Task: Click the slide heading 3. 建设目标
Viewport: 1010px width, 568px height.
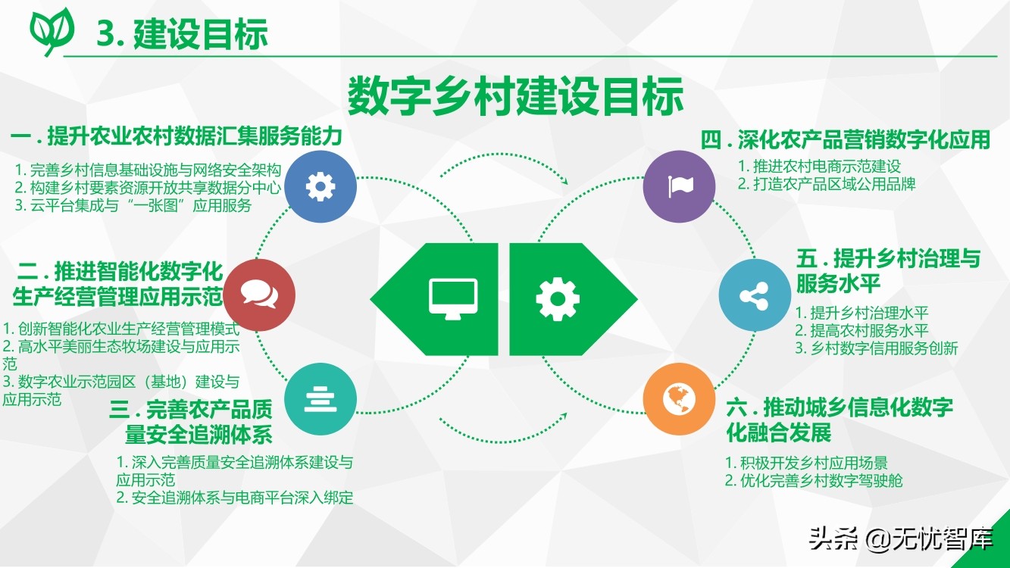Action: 183,34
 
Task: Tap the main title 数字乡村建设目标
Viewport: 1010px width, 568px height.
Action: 515,96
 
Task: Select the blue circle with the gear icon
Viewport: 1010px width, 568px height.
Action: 321,186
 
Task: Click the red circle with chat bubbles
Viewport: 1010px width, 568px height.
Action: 259,295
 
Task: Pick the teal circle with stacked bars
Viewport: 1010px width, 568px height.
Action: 321,399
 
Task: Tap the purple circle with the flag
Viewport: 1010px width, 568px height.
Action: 679,186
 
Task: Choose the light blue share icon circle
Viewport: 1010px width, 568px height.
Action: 755,295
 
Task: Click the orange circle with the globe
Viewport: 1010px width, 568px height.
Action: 679,399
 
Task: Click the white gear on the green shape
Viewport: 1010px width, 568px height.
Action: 558,299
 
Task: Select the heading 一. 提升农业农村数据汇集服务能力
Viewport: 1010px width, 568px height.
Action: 177,136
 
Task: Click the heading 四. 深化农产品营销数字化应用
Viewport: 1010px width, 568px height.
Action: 846,139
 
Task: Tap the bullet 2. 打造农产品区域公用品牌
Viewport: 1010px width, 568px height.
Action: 827,184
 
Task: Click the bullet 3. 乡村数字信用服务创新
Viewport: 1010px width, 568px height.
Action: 876,348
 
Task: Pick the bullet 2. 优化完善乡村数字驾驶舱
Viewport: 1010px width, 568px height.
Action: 814,481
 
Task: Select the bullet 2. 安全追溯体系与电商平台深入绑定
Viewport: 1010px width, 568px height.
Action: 235,498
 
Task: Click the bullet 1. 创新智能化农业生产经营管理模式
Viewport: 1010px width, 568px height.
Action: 120,329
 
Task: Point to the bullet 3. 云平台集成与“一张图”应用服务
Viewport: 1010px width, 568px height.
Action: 133,205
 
